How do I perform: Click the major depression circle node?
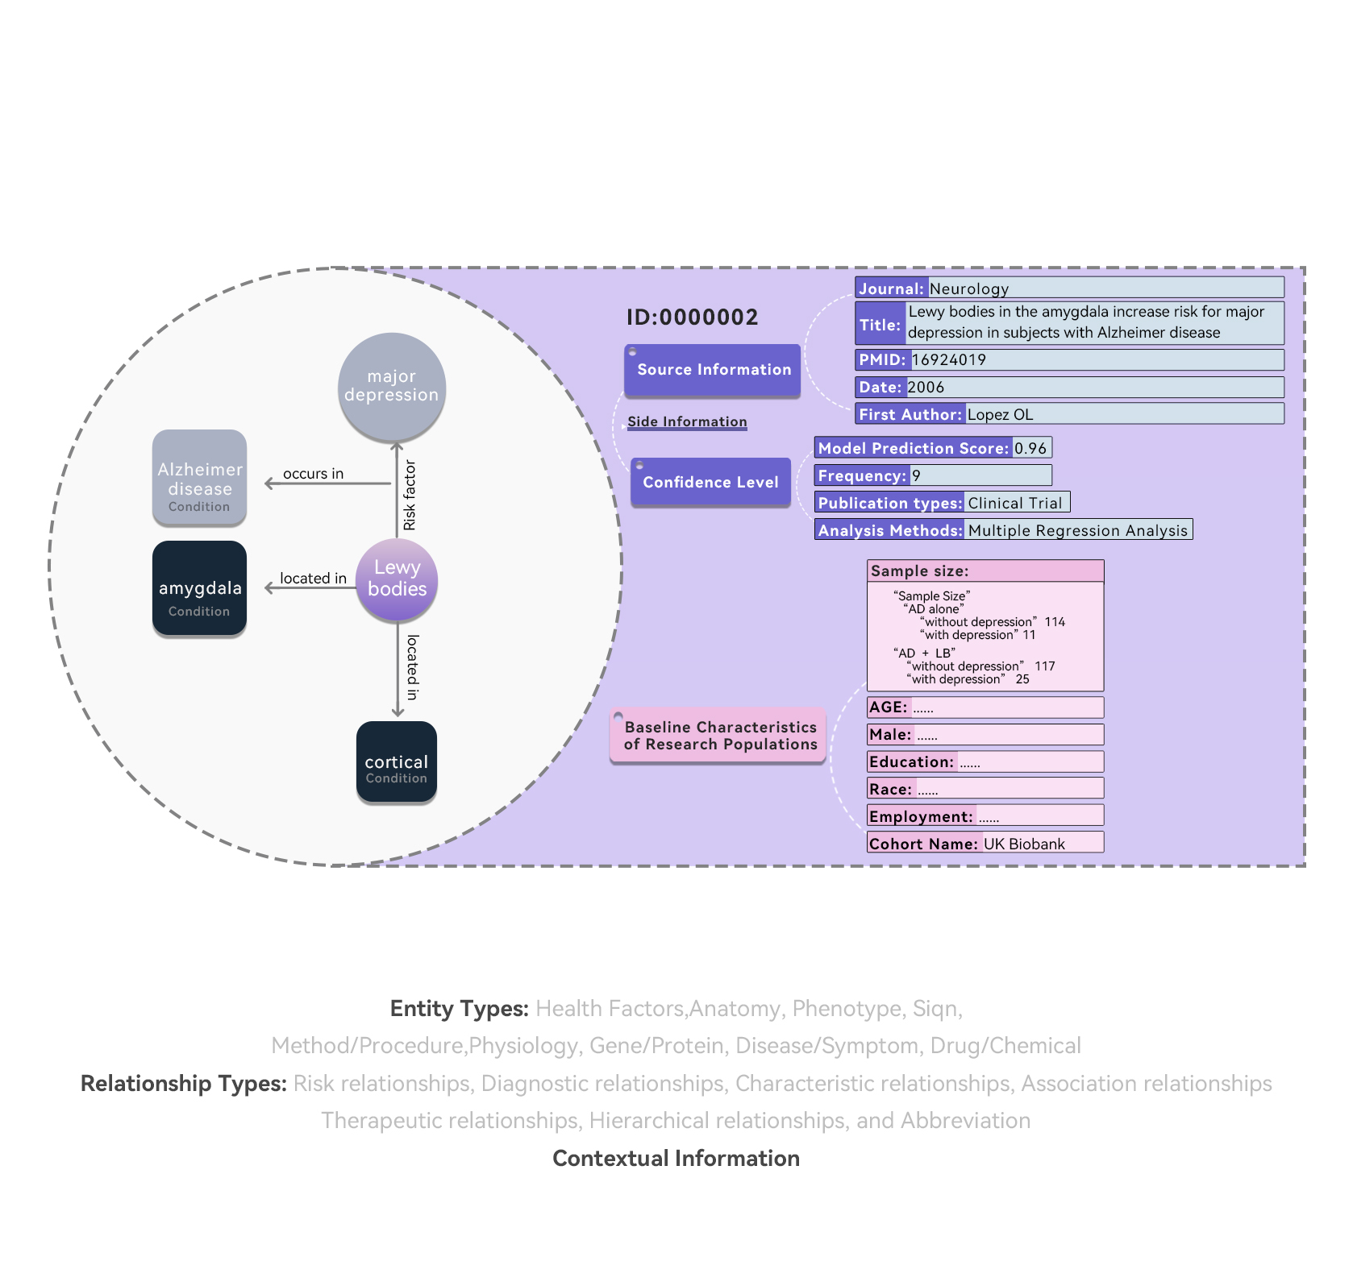[391, 386]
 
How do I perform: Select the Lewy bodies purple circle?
[397, 579]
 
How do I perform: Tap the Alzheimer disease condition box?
[199, 477]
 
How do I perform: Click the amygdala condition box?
[199, 588]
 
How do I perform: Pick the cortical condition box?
[396, 762]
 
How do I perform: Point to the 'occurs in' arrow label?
[313, 474]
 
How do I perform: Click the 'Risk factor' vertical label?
[410, 495]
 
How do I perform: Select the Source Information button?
[713, 370]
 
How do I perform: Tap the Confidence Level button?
[710, 482]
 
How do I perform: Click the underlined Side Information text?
[687, 421]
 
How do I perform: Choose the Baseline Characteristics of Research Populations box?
[719, 736]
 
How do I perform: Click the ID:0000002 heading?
[692, 317]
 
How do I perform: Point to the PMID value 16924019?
[948, 360]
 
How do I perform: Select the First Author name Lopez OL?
[1000, 415]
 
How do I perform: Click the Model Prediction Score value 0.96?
[1030, 449]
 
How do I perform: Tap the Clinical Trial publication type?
[1014, 504]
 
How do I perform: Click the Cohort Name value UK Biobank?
[1024, 844]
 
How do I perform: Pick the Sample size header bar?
[984, 571]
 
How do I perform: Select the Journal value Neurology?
[968, 289]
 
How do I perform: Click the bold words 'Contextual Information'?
[676, 1159]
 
